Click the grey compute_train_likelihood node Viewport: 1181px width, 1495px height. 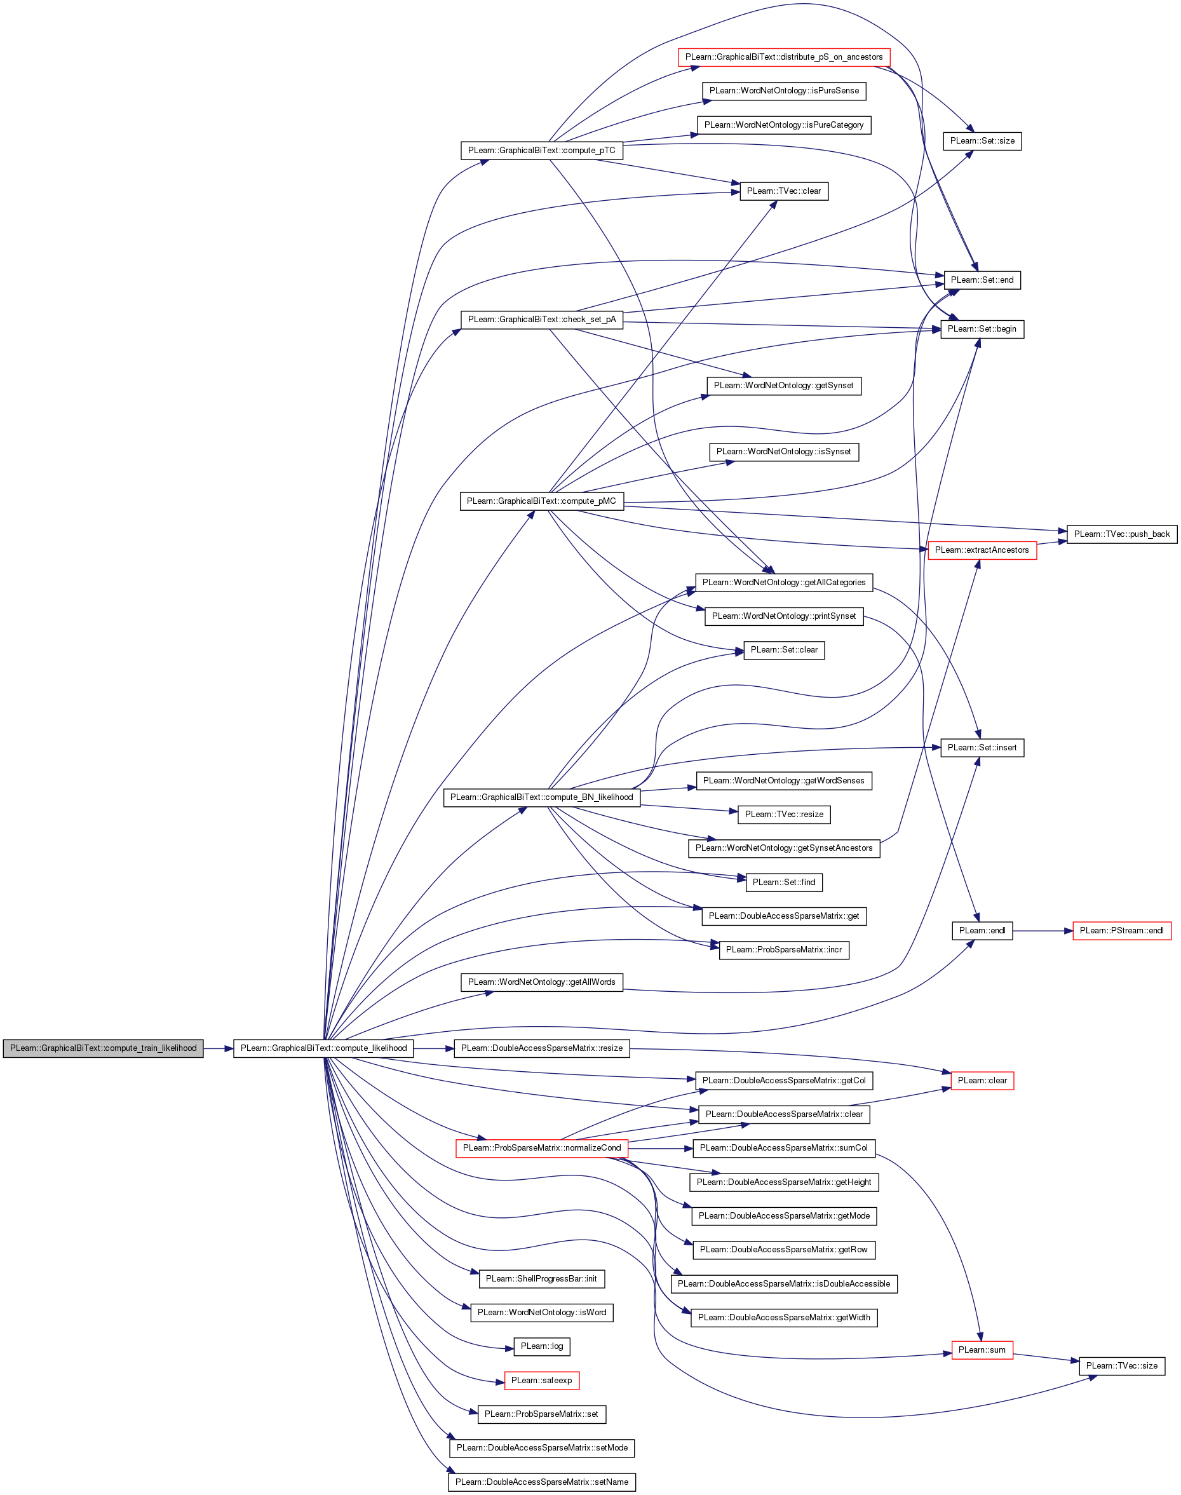[x=103, y=1048]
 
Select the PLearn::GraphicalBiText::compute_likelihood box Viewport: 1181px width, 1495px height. [x=323, y=1048]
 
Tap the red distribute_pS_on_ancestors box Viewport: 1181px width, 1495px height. [x=783, y=57]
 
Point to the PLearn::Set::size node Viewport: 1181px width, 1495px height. [x=982, y=141]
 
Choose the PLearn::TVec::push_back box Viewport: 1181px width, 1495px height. [x=1121, y=534]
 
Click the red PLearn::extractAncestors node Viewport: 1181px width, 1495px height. [x=982, y=550]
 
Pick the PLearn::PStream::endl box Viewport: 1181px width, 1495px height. [x=1121, y=930]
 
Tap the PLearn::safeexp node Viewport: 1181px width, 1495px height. [x=541, y=1380]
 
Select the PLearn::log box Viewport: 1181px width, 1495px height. [x=541, y=1346]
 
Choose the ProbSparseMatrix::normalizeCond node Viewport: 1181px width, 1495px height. [x=541, y=1148]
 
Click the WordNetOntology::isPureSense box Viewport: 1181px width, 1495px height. [x=783, y=91]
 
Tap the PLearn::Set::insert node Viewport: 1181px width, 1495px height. [x=982, y=747]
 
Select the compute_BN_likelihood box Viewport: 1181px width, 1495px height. [x=541, y=797]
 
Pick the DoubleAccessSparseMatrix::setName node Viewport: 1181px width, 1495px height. [x=541, y=1482]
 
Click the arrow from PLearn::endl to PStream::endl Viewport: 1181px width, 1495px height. [x=1043, y=931]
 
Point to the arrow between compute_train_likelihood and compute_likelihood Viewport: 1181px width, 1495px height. [x=219, y=1048]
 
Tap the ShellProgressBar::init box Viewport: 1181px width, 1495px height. [x=541, y=1278]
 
